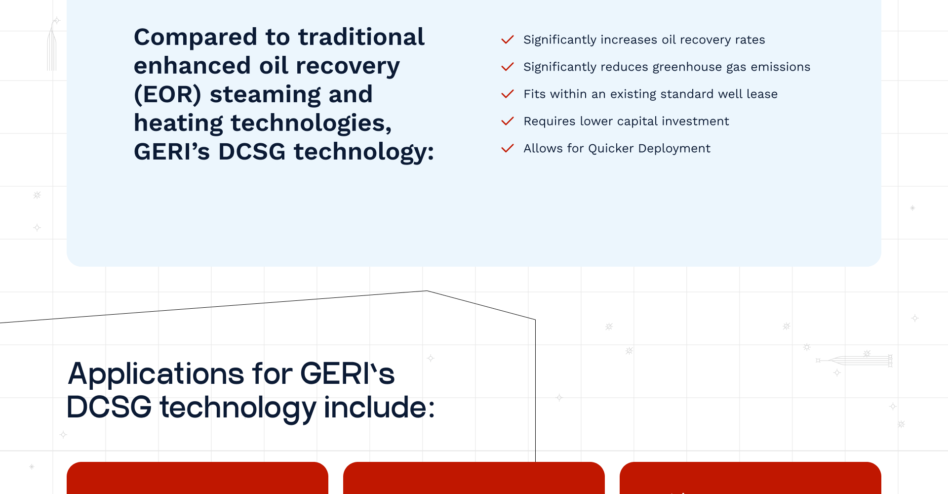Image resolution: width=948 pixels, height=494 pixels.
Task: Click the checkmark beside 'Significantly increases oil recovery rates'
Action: [x=508, y=40]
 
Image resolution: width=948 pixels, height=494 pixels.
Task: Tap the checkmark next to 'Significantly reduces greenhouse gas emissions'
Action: [x=508, y=67]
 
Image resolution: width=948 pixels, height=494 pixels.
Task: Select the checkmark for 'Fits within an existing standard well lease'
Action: [x=508, y=94]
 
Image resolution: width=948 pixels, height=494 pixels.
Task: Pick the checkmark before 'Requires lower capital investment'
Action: [x=508, y=121]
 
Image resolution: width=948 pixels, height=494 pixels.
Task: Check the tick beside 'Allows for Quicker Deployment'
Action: [x=508, y=148]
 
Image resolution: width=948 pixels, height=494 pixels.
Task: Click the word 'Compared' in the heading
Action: [x=196, y=38]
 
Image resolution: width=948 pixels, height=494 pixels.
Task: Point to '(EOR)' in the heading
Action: [x=167, y=94]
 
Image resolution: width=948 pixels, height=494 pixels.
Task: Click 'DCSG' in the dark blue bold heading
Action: [x=252, y=151]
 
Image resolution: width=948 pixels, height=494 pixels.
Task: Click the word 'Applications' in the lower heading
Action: [x=156, y=374]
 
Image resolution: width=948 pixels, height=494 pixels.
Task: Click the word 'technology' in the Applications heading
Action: [x=238, y=409]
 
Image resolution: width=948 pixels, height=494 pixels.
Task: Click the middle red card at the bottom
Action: [x=474, y=478]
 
